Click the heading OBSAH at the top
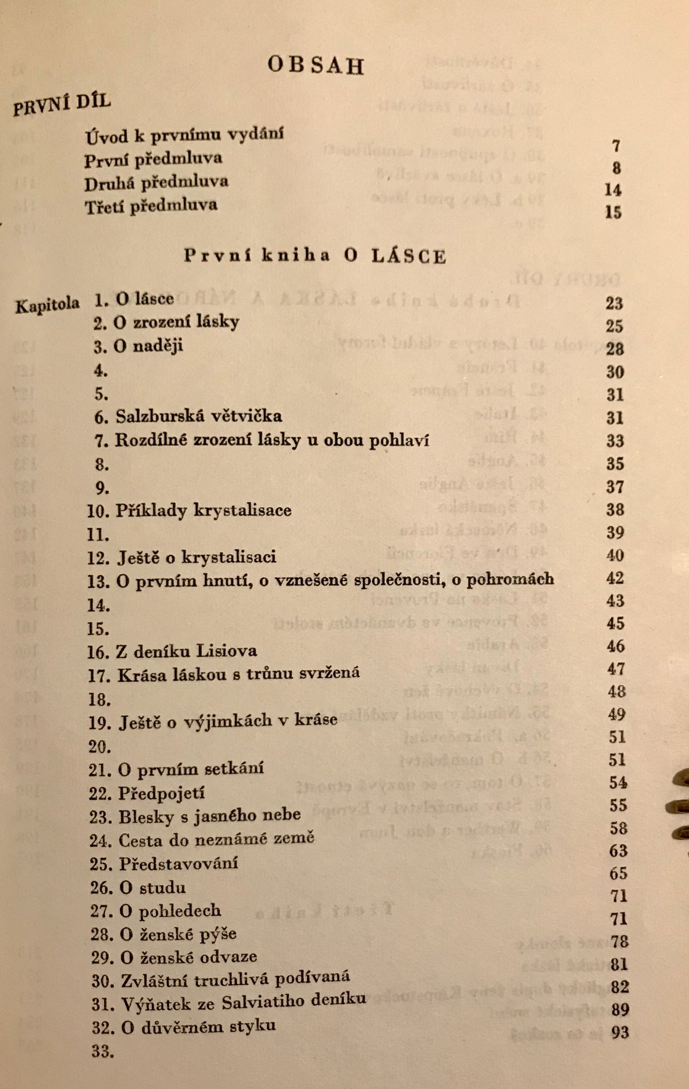tap(316, 65)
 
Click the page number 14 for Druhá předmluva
tap(613, 189)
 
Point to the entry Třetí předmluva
tap(151, 205)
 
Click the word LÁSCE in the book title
tap(408, 256)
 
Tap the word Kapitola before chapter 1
tap(47, 304)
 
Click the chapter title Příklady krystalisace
tap(203, 510)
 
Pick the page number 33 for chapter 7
tap(615, 441)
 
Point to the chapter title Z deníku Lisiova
tap(186, 651)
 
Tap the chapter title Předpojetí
tap(162, 793)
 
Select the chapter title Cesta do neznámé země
tap(216, 839)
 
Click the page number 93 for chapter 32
tap(620, 1032)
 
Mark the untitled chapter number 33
tap(103, 1051)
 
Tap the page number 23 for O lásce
tap(614, 303)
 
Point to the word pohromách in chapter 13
tap(510, 579)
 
